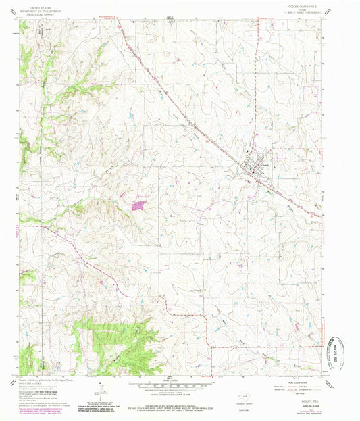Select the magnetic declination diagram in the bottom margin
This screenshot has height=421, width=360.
pos(99,392)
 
